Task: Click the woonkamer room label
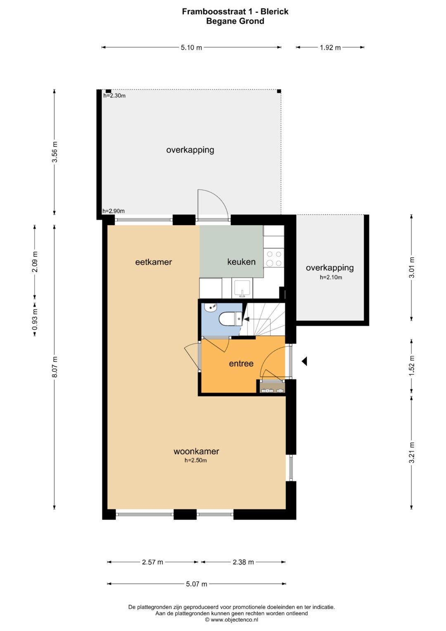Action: tap(196, 451)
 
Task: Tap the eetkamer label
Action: tap(154, 262)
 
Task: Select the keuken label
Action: tap(241, 262)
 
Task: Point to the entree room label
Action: tap(241, 363)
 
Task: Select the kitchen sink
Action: tap(242, 289)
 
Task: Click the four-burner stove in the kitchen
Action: tap(274, 259)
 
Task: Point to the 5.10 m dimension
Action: tap(191, 48)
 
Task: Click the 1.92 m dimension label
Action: tap(330, 48)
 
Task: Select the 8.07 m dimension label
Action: tap(55, 367)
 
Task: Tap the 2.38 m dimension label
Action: tap(243, 562)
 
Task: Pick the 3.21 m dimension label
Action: tap(412, 452)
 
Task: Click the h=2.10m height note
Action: tap(330, 277)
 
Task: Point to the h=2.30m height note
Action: tap(114, 96)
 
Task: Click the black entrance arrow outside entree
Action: tap(304, 361)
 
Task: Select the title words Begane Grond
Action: tap(235, 21)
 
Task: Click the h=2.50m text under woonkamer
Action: tap(196, 461)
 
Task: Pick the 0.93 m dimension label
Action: tap(35, 320)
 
